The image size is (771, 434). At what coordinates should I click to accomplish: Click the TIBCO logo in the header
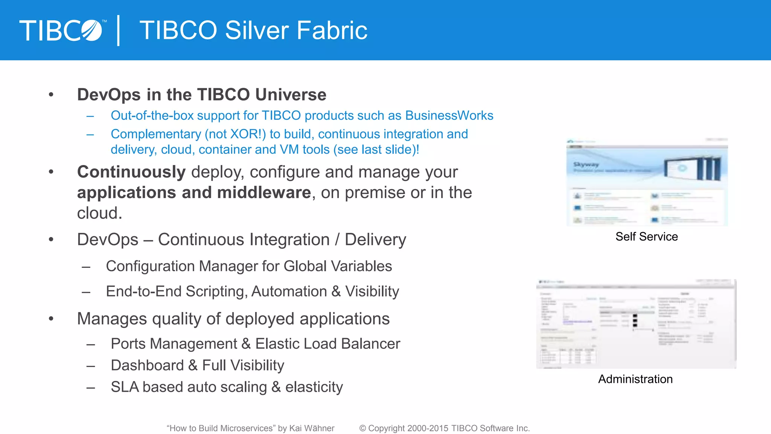[61, 30]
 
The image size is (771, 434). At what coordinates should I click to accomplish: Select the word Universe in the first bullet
[291, 95]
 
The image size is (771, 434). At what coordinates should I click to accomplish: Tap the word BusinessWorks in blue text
[449, 115]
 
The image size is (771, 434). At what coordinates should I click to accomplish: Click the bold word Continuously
[131, 172]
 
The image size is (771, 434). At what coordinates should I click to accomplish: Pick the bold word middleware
[264, 193]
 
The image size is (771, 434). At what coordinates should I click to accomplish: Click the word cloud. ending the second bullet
[99, 213]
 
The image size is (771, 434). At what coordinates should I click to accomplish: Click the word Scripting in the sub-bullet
[216, 292]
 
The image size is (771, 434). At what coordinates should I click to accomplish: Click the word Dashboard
[147, 365]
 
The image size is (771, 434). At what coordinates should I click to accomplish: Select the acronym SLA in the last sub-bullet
[125, 387]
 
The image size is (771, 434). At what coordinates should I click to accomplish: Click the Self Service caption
[646, 237]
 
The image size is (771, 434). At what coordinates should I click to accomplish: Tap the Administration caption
[635, 379]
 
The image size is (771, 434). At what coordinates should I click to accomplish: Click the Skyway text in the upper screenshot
[586, 165]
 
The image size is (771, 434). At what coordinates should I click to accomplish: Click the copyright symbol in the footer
[363, 428]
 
